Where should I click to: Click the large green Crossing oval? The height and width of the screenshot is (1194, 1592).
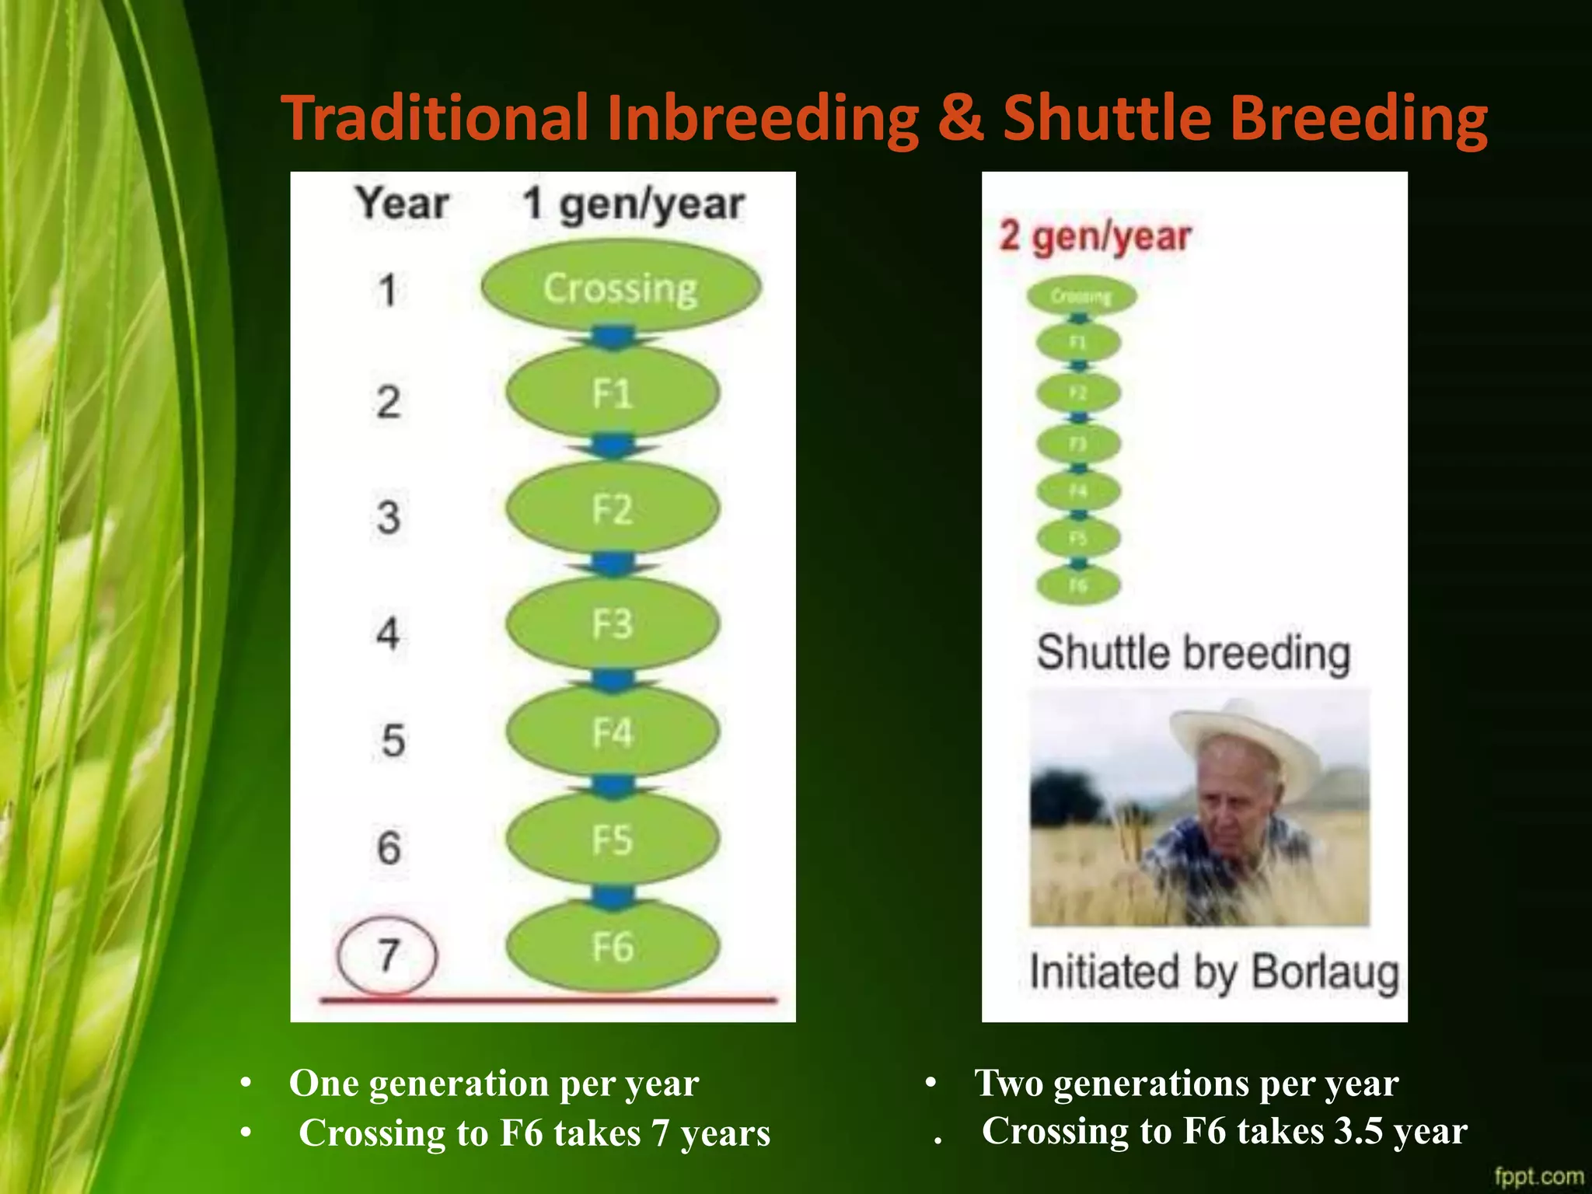coord(620,287)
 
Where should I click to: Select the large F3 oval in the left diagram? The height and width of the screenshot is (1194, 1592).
coord(613,624)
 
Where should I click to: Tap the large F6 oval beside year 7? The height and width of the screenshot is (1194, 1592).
coord(613,947)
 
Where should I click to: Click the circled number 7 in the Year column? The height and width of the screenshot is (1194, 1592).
coord(387,955)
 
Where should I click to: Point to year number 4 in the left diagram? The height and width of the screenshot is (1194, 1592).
coord(388,633)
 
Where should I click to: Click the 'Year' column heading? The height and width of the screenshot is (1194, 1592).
coord(403,204)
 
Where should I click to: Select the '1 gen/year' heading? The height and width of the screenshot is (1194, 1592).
coord(633,204)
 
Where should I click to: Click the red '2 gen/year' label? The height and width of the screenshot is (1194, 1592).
coord(1094,236)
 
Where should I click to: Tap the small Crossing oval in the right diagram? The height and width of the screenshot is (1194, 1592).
coord(1081,296)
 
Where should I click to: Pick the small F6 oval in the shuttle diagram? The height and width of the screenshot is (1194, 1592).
coord(1078,585)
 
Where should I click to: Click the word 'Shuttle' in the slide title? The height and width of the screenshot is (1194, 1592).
coord(1107,118)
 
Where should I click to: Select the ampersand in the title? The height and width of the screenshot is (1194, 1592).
coord(961,118)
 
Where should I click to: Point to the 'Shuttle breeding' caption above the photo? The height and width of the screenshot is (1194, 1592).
coord(1193,653)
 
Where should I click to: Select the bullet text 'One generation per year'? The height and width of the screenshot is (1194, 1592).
coord(494,1083)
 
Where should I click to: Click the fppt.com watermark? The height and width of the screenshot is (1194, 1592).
coord(1539,1176)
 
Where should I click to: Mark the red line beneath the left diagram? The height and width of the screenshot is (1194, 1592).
coord(548,1000)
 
